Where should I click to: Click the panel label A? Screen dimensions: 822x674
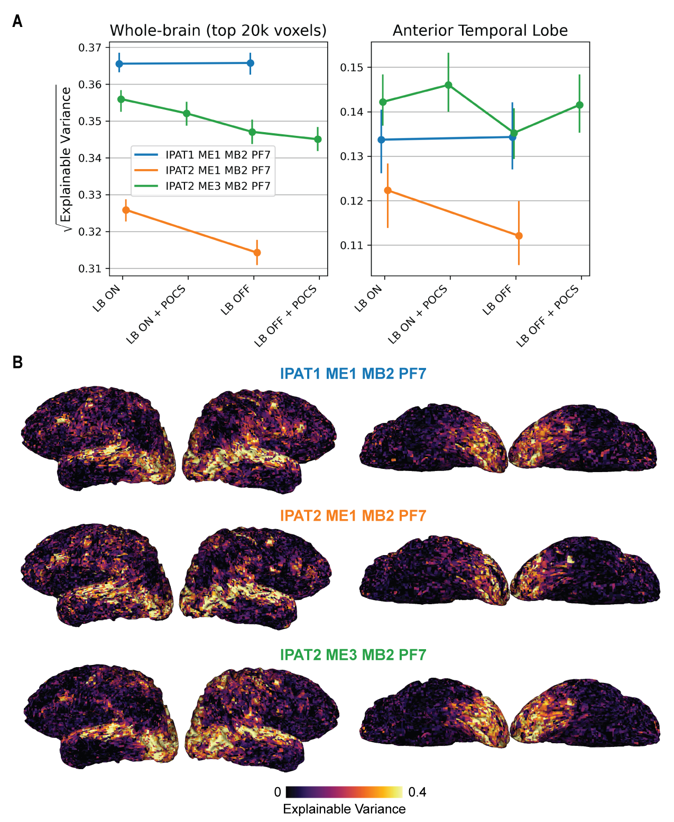17,22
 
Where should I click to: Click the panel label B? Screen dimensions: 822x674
17,363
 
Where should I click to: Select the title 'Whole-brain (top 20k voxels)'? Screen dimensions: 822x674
218,31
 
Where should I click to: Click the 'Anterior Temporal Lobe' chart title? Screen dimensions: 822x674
480,31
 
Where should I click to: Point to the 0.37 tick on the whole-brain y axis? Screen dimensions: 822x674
90,48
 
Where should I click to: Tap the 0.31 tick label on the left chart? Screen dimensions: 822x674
90,269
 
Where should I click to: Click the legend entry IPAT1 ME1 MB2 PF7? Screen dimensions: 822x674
218,155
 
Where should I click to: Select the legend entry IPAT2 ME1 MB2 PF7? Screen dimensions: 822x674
218,170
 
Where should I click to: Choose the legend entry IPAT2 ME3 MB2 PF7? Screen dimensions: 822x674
218,186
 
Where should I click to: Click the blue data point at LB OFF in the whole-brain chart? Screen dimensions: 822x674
251,63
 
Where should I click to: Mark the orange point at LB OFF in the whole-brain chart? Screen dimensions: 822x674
257,253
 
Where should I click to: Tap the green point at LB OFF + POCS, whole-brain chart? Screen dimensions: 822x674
318,140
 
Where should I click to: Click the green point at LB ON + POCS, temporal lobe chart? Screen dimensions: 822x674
448,85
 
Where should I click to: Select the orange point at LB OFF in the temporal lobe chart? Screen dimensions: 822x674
519,236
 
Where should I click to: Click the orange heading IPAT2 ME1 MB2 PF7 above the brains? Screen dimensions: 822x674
353,515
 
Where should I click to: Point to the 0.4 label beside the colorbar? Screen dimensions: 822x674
417,792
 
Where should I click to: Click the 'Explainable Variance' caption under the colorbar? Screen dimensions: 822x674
344,809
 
